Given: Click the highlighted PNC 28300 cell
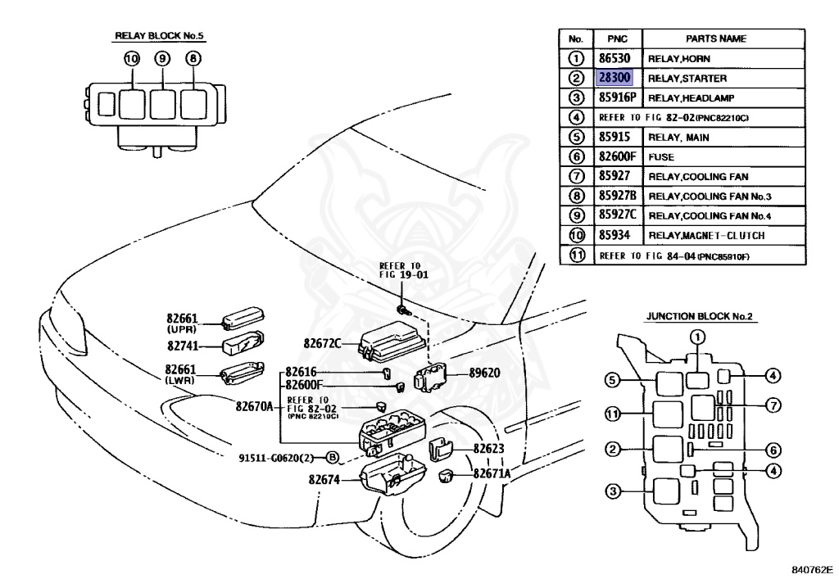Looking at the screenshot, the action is click(x=615, y=78).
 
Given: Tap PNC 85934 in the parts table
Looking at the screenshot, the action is click(x=614, y=235).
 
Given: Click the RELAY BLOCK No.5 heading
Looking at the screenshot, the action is click(x=160, y=36).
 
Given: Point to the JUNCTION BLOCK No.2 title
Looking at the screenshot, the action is click(x=699, y=316).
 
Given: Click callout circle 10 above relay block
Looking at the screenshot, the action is click(x=132, y=58).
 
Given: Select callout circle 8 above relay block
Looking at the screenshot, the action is click(x=193, y=58).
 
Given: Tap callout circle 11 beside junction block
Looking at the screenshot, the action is click(x=613, y=414).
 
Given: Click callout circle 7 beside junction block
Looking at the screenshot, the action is click(x=773, y=405).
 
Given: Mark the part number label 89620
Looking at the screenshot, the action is click(x=485, y=373).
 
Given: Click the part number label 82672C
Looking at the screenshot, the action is click(x=322, y=343).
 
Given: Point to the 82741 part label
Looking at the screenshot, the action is click(x=183, y=346).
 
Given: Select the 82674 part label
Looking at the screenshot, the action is click(x=324, y=480).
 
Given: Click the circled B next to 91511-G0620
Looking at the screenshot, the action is click(x=333, y=458).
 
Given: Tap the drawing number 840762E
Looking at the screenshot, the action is click(x=812, y=569).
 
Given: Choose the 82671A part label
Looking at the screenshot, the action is click(x=492, y=473).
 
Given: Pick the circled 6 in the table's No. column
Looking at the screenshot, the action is click(x=576, y=157).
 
